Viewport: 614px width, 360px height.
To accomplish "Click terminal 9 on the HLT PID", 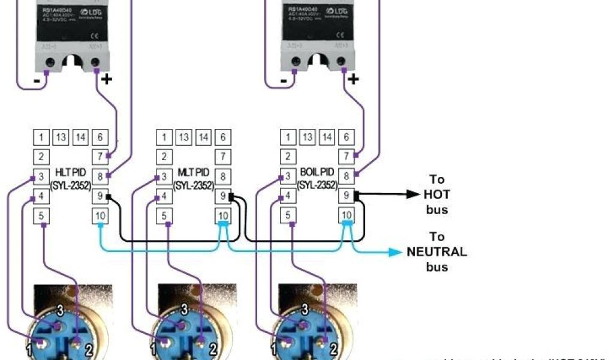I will click(x=100, y=196).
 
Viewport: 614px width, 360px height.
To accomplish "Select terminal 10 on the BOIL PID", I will click(x=346, y=215).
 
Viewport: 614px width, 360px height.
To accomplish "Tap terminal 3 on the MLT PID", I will click(x=164, y=176).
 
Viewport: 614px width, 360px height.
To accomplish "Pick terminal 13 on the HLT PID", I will click(x=61, y=137).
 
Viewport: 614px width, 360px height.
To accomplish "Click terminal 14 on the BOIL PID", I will click(x=327, y=137).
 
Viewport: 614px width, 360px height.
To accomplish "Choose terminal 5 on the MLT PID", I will click(x=164, y=215).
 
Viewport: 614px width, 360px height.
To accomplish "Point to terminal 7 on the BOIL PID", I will click(x=346, y=157).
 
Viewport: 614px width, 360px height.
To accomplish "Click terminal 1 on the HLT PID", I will click(x=41, y=137).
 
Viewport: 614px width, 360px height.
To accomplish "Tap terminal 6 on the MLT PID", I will click(x=222, y=137).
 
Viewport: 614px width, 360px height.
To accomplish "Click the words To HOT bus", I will click(x=437, y=194).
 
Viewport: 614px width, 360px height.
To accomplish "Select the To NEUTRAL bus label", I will click(x=437, y=251).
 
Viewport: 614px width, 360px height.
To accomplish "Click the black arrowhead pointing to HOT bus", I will click(x=414, y=194).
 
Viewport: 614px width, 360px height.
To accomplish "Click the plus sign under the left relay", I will click(x=107, y=79).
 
